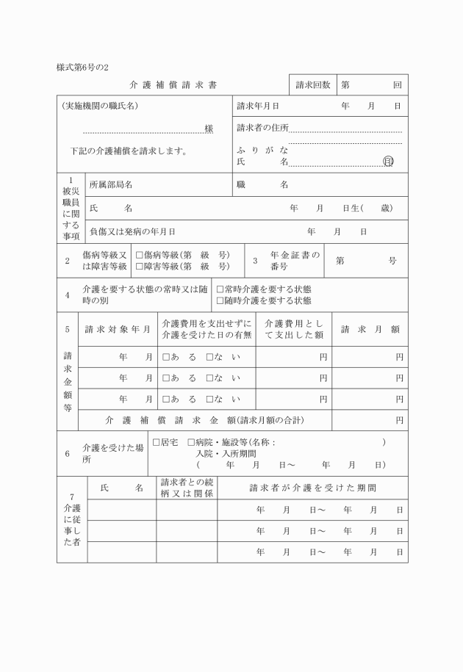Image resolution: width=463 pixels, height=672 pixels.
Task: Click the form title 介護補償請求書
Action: pyautogui.click(x=173, y=85)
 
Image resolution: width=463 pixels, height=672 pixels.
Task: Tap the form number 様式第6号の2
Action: pyautogui.click(x=82, y=67)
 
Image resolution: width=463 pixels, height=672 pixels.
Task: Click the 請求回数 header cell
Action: pyautogui.click(x=312, y=85)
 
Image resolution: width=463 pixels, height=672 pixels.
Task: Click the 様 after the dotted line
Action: pyautogui.click(x=209, y=129)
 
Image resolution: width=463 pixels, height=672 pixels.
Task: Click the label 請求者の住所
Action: pyautogui.click(x=262, y=128)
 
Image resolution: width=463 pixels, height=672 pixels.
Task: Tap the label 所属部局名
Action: pyautogui.click(x=110, y=185)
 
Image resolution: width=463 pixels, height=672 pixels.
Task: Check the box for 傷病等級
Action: pyautogui.click(x=139, y=255)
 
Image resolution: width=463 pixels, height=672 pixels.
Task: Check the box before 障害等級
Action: pyautogui.click(x=139, y=266)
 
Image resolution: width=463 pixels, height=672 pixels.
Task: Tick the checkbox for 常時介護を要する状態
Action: pyautogui.click(x=220, y=289)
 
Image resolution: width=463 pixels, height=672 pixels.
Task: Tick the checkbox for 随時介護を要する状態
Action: pyautogui.click(x=220, y=300)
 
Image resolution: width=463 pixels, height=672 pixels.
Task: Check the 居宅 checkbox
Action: pyautogui.click(x=156, y=443)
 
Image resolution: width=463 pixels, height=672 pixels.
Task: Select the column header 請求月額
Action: pyautogui.click(x=370, y=329)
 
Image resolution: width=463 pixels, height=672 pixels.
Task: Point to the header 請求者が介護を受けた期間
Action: pyautogui.click(x=313, y=488)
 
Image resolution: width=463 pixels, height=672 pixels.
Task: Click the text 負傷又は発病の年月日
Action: pyautogui.click(x=132, y=231)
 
